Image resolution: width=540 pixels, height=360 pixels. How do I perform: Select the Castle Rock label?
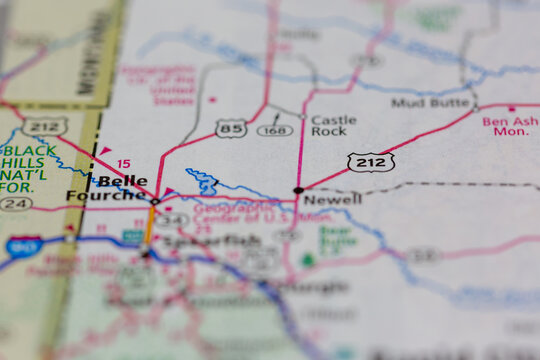333,125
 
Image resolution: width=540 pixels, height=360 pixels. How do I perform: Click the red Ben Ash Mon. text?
509,126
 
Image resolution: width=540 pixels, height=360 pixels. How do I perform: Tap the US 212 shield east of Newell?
370,161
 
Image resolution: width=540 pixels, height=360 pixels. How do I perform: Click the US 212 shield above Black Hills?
44,127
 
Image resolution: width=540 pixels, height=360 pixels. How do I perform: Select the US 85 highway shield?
231,128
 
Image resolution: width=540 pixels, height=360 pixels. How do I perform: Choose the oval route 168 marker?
275,130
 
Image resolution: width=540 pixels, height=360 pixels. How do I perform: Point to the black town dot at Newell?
298,189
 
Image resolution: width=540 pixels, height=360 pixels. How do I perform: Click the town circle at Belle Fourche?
155,201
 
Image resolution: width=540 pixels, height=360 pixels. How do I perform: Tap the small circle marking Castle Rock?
301,117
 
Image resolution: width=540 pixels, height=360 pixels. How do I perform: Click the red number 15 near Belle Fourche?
123,163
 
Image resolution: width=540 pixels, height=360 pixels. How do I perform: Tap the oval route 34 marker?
171,219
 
